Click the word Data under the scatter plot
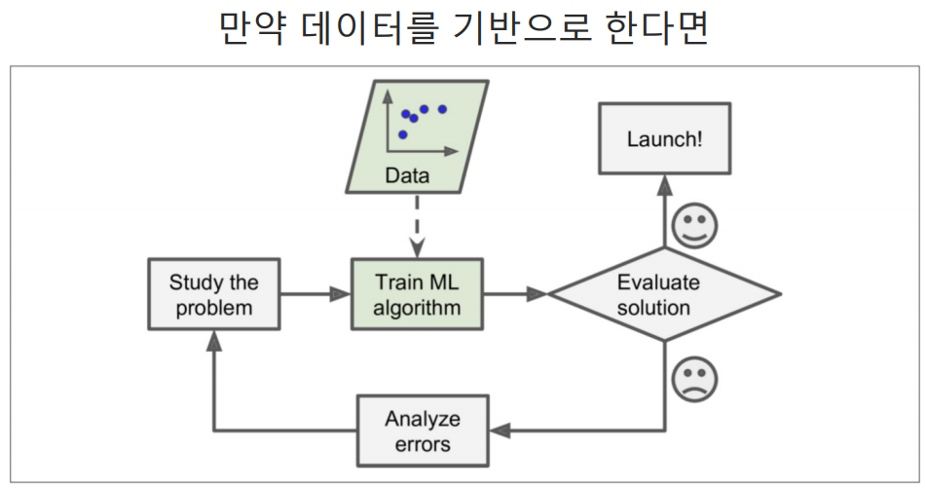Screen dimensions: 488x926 pos(407,176)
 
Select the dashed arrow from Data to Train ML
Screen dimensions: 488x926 pos(417,224)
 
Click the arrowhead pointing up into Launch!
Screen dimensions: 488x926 pos(665,184)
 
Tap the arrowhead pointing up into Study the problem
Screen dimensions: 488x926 pos(214,342)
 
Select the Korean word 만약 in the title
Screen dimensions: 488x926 pos(250,29)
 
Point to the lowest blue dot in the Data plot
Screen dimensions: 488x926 pos(402,134)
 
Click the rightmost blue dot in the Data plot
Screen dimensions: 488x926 pos(442,109)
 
